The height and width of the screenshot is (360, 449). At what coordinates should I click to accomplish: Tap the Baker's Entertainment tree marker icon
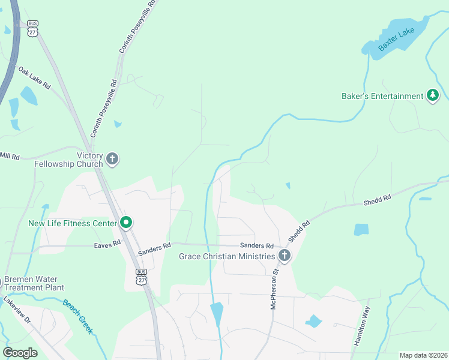point(433,96)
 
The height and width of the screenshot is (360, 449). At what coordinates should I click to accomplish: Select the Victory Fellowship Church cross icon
point(112,159)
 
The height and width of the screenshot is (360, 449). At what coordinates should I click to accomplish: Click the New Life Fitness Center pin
point(126,223)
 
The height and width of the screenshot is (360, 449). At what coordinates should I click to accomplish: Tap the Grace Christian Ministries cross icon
point(285,256)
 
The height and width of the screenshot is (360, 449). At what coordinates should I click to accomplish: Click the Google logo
point(20,352)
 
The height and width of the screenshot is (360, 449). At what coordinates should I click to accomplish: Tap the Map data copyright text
point(423,355)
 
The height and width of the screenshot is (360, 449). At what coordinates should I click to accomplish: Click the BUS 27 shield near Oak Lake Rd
point(32,28)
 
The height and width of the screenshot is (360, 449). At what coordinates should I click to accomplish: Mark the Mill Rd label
point(10,156)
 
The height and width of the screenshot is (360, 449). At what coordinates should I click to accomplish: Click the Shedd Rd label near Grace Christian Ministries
point(298,231)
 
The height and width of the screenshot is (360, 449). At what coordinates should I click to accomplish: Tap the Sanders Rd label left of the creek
point(155,250)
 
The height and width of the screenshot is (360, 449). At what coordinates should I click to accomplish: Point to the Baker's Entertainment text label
point(382,96)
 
